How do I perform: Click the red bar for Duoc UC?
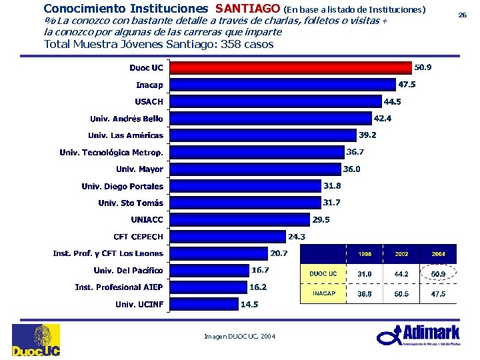tap(290, 67)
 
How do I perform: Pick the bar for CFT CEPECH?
tap(227, 236)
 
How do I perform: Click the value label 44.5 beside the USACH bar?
tap(393, 102)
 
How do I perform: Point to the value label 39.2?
tap(368, 135)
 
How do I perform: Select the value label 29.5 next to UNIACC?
tap(321, 219)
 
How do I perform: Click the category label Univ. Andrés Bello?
tap(126, 119)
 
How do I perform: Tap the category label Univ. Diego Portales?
tap(122, 186)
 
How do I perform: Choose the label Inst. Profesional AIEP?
tap(119, 287)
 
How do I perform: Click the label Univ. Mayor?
tap(139, 169)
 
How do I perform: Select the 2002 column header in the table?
tap(401, 254)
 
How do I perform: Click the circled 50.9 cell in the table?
tap(438, 274)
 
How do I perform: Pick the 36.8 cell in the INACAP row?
tap(365, 294)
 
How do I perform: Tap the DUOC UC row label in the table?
tap(323, 274)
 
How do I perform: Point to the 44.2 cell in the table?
tap(401, 274)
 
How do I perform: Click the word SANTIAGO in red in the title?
tap(247, 9)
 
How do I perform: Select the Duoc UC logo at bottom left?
tap(35, 340)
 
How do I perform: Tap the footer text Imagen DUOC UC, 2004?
tap(239, 337)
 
